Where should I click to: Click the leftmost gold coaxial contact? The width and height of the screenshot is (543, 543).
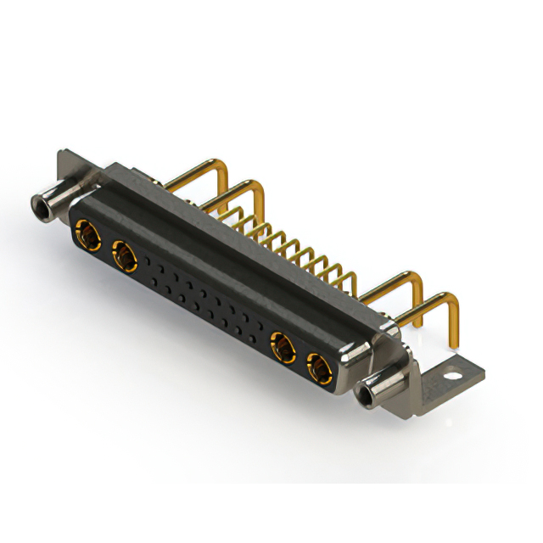coord(85,229)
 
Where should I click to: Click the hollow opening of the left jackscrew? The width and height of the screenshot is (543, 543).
coord(39,204)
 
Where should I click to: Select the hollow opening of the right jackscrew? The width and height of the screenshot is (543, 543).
coord(367,395)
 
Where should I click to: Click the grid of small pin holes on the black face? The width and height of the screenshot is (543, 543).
coord(204,297)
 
